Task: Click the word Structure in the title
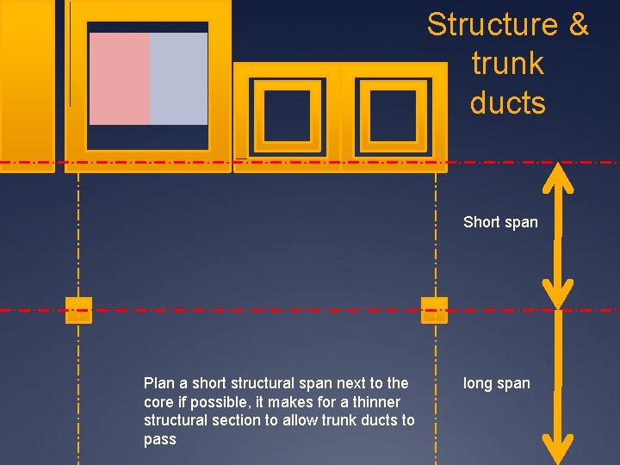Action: [487, 24]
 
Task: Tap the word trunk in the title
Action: [508, 64]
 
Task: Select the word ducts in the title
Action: [508, 103]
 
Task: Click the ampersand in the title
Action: [578, 24]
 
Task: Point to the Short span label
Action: [500, 222]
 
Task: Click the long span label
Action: [497, 383]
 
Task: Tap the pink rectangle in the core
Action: [119, 78]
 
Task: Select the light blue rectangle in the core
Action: [179, 78]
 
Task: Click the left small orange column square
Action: [78, 309]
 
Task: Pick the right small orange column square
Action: [434, 309]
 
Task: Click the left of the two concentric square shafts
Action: [287, 115]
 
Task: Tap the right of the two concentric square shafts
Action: [393, 115]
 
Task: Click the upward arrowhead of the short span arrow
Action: [561, 177]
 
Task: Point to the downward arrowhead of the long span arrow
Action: [561, 447]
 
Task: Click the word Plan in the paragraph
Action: [158, 383]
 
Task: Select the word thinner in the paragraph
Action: [376, 402]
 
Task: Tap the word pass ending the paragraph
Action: [160, 440]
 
